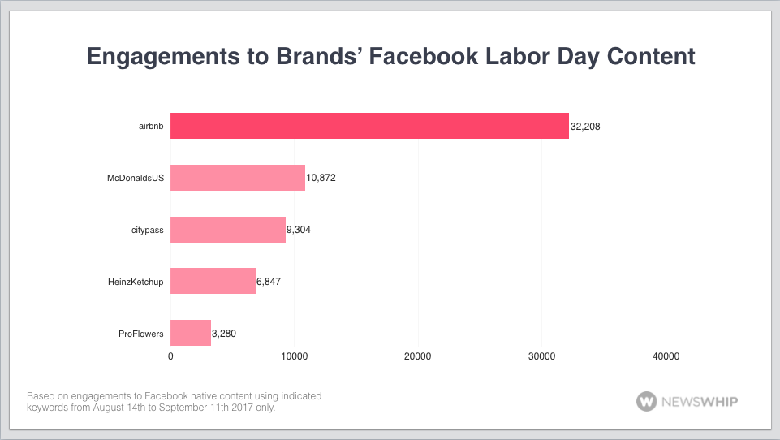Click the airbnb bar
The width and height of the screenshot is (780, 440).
[x=369, y=126]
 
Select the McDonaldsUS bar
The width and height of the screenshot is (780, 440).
[x=238, y=177]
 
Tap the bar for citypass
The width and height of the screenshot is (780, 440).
[x=228, y=229]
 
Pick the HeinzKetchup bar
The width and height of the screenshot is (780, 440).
[x=213, y=281]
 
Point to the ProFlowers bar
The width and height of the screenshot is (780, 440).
[x=191, y=333]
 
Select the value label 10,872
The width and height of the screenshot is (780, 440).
[x=321, y=178]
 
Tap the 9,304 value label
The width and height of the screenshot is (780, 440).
[x=299, y=230]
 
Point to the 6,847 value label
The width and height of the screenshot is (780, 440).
[x=269, y=282]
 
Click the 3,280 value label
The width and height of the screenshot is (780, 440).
[x=224, y=334]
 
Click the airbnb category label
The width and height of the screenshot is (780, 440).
[x=150, y=127]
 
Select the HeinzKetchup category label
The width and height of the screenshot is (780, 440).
[x=135, y=282]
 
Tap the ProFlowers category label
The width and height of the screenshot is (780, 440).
[x=140, y=334]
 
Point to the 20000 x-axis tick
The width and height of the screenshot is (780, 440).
[x=418, y=356]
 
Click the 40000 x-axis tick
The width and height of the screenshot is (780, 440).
[x=666, y=356]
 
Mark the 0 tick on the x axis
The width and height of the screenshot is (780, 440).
[x=170, y=356]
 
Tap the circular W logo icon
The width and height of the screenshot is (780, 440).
[x=647, y=401]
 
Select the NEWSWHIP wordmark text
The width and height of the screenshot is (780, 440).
[x=700, y=401]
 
